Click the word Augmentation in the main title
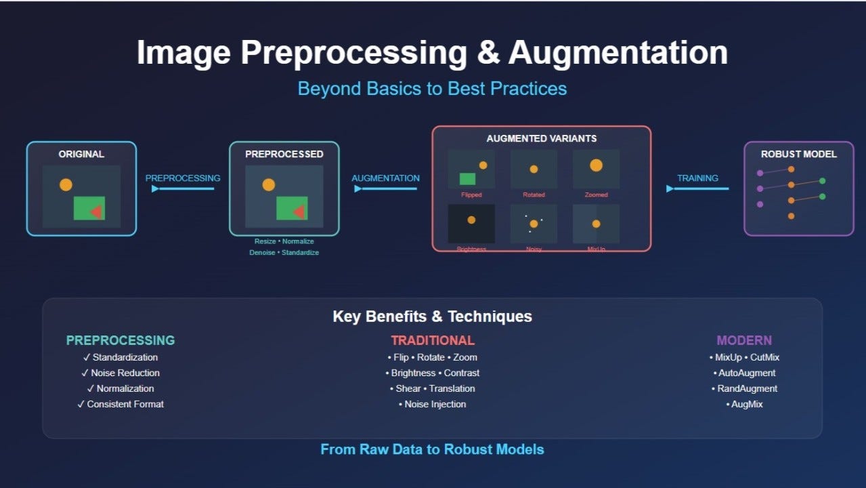(x=618, y=53)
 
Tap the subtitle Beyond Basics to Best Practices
(x=432, y=89)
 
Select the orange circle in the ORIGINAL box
(x=66, y=184)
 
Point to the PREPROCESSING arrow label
(x=183, y=178)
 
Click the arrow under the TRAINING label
(x=697, y=188)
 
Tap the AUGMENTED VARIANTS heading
(x=541, y=138)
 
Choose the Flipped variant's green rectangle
(x=467, y=179)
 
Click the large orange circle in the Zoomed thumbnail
(x=596, y=165)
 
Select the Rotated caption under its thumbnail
(x=534, y=195)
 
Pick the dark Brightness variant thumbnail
(x=471, y=223)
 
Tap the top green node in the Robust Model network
(x=823, y=181)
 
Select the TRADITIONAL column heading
(x=433, y=340)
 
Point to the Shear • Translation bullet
(x=433, y=388)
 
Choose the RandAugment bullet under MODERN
(x=744, y=388)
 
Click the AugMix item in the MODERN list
(x=744, y=404)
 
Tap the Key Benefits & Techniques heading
(x=432, y=317)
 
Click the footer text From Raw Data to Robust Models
(x=432, y=449)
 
